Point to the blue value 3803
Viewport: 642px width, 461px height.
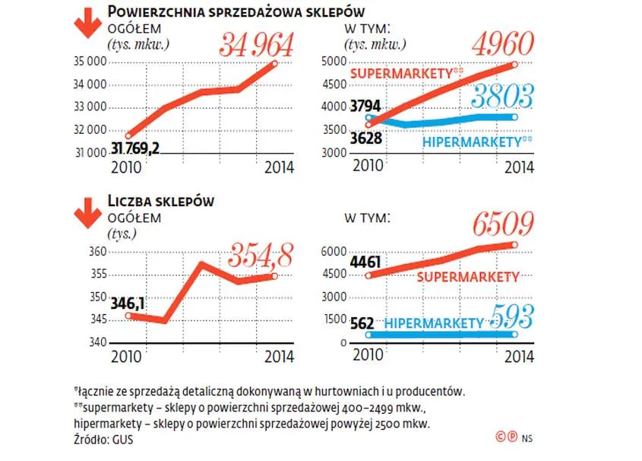[x=501, y=97]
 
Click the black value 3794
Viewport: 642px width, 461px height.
[x=365, y=107]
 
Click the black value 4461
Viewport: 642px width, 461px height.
[x=365, y=263]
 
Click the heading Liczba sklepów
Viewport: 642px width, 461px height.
[x=160, y=202]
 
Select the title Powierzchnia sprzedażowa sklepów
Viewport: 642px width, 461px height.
[x=236, y=11]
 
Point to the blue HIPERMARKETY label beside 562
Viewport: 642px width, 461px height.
[x=434, y=323]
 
